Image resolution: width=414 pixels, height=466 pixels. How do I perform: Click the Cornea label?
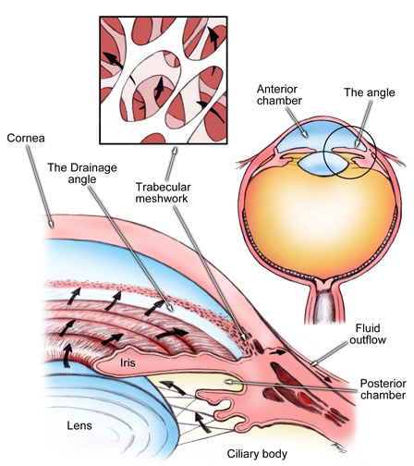tap(26, 138)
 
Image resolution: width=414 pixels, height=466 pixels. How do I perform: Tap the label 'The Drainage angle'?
tap(82, 173)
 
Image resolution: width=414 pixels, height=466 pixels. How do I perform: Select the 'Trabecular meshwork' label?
tap(163, 192)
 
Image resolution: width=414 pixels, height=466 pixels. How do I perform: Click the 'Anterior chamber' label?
tap(279, 94)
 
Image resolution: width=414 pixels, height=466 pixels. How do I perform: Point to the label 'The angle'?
tap(370, 92)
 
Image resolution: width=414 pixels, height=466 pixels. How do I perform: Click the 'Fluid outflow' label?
tap(368, 334)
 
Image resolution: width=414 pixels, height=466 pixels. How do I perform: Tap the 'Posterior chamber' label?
tap(383, 389)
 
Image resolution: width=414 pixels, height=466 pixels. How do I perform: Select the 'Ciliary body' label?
tap(257, 454)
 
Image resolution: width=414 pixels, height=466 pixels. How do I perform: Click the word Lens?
tap(79, 425)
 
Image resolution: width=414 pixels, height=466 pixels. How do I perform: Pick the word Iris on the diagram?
tap(128, 362)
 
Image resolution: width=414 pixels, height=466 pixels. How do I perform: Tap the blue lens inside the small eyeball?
tap(322, 164)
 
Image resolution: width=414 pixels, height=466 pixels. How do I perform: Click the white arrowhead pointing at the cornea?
tap(51, 225)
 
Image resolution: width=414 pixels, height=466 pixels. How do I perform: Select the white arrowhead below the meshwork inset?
tap(175, 152)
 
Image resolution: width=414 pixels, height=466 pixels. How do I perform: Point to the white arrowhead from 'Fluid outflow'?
tap(314, 362)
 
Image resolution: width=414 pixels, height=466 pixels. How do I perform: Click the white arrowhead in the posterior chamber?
tap(228, 382)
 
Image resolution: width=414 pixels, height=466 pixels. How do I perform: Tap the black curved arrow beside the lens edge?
tap(67, 355)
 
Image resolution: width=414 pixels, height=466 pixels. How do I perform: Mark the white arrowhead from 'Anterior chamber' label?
tap(304, 134)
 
